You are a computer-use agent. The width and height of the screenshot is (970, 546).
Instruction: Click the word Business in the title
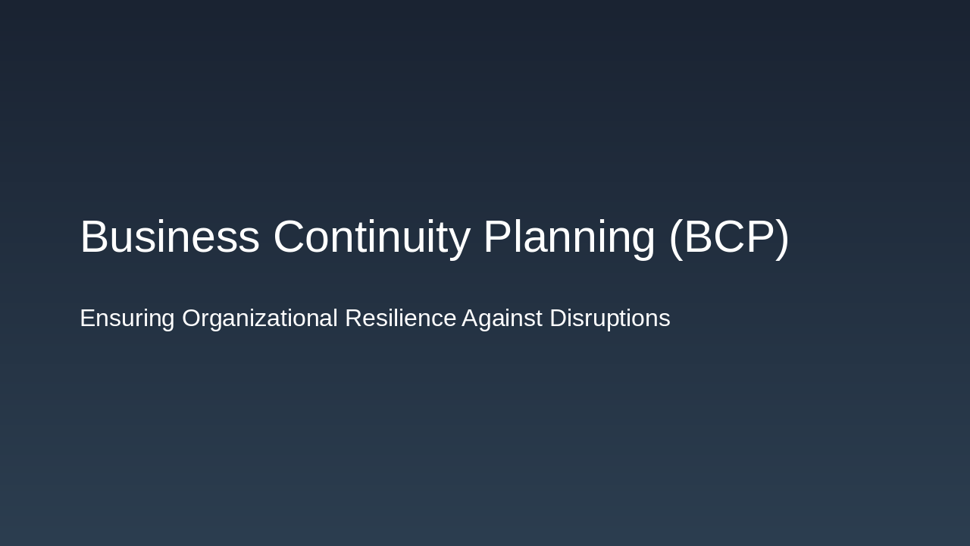click(170, 237)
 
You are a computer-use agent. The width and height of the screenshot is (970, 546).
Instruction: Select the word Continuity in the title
click(371, 237)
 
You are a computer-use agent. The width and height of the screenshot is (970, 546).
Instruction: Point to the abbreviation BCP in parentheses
click(728, 237)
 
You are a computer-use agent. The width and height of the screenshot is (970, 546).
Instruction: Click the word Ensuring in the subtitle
click(127, 318)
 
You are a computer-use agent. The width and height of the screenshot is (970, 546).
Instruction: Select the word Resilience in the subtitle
click(400, 318)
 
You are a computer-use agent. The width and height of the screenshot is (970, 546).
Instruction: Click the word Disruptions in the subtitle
click(609, 318)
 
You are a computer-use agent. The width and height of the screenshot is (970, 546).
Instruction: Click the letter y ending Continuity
click(460, 241)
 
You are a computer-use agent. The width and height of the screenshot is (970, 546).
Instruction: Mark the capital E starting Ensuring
click(87, 318)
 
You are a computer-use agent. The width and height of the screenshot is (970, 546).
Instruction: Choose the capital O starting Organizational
click(192, 318)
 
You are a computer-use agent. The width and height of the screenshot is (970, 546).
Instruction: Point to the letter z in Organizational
click(262, 320)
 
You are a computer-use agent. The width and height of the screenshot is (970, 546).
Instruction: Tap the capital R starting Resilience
click(353, 318)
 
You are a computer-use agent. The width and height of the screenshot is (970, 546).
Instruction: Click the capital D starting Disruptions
click(558, 318)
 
